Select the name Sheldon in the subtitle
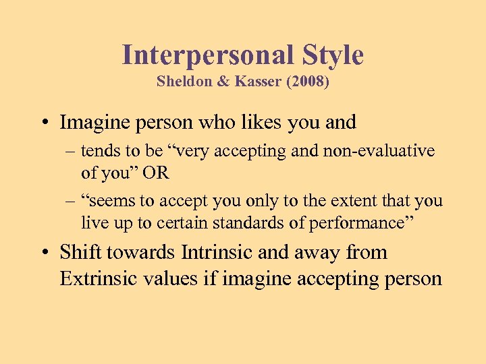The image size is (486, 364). [x=182, y=82]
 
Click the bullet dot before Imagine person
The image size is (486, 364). [x=45, y=123]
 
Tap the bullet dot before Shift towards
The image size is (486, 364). [x=45, y=253]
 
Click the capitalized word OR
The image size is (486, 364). [x=156, y=173]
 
